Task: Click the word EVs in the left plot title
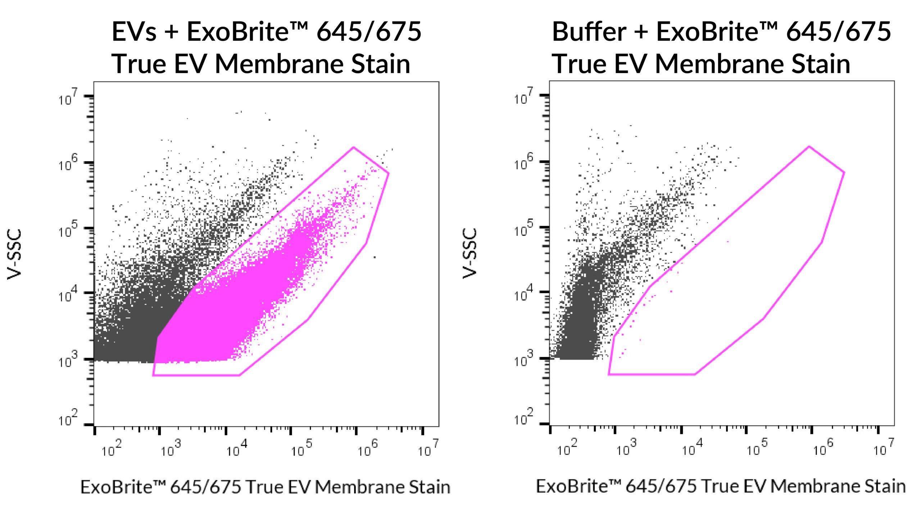[134, 32]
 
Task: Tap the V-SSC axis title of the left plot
[15, 254]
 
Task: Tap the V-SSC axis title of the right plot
[470, 253]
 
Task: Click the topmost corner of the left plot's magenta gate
[354, 147]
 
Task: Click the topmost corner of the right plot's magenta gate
[809, 146]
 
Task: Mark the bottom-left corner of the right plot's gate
[609, 374]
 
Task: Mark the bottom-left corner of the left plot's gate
[153, 375]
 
